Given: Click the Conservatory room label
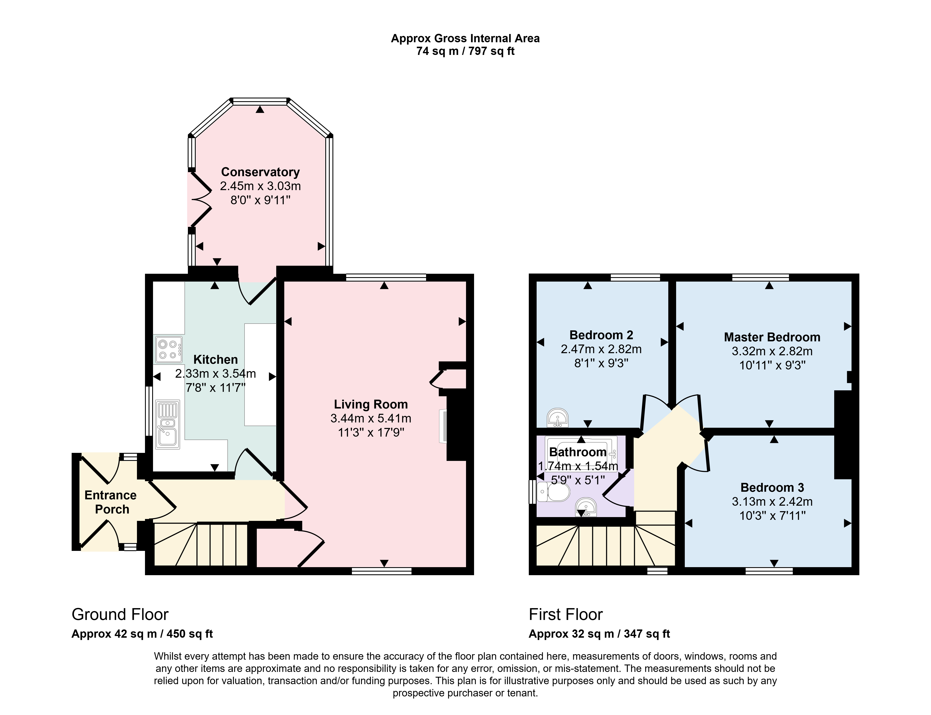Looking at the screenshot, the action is pyautogui.click(x=260, y=172).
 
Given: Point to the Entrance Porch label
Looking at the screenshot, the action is pyautogui.click(x=111, y=502).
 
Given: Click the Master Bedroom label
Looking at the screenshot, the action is pyautogui.click(x=772, y=337).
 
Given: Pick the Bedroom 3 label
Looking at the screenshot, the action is pyautogui.click(x=772, y=487).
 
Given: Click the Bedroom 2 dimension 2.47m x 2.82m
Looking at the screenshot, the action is pyautogui.click(x=601, y=349).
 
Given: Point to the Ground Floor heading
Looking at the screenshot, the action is pyautogui.click(x=120, y=614).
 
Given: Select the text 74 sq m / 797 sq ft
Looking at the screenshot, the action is pyautogui.click(x=465, y=51).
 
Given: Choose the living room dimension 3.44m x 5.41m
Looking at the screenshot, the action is pyautogui.click(x=370, y=418).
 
